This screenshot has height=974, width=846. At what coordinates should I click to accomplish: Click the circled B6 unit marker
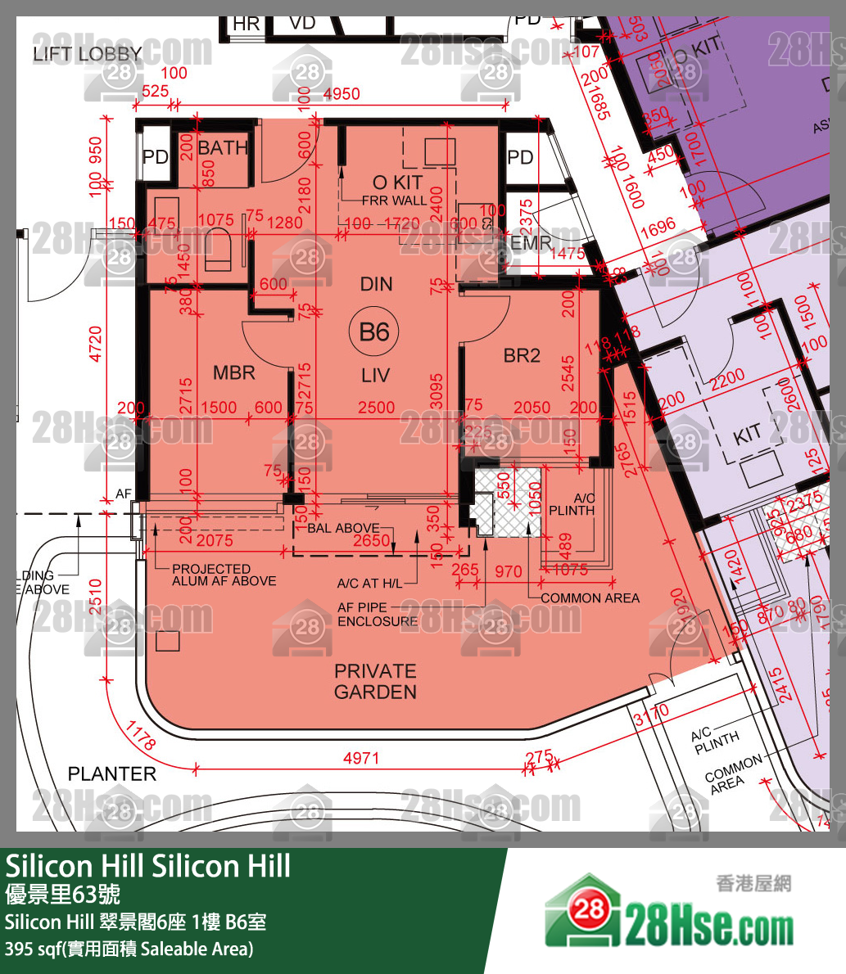(x=374, y=331)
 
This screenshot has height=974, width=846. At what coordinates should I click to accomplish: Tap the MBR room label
(x=234, y=373)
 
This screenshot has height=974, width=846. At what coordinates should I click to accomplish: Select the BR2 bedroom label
(x=522, y=355)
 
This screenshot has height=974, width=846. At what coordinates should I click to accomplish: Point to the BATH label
(x=222, y=148)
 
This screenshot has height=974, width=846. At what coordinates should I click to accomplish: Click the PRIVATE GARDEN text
(x=375, y=681)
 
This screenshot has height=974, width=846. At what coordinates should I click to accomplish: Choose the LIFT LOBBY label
(x=88, y=55)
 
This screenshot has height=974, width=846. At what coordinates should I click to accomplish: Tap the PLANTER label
(x=111, y=773)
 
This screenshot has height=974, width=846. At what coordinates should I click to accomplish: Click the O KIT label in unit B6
(x=397, y=182)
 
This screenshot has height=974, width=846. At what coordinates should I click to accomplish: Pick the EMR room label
(x=531, y=244)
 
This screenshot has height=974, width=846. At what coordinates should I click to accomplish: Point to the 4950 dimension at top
(x=342, y=93)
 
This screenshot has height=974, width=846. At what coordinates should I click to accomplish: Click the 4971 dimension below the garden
(x=361, y=758)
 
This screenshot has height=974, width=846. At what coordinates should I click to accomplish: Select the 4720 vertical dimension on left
(x=97, y=344)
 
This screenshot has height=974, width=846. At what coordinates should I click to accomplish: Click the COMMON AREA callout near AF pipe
(x=590, y=598)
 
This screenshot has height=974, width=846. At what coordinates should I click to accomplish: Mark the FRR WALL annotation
(x=395, y=201)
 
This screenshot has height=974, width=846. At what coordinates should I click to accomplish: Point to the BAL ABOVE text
(x=343, y=528)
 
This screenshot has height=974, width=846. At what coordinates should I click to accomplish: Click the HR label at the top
(x=246, y=25)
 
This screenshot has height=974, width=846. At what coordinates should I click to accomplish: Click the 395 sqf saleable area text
(x=129, y=949)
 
